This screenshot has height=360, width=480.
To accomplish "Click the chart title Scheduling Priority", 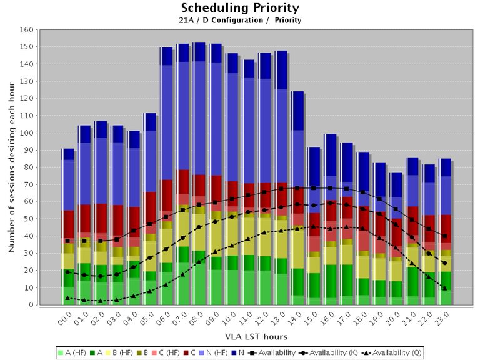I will pyautogui.click(x=240, y=8).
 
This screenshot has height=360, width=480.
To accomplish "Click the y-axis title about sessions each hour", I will pyautogui.click(x=11, y=167).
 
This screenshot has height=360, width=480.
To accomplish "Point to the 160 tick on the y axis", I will pyautogui.click(x=26, y=30).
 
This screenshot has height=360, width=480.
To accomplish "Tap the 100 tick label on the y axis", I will pyautogui.click(x=26, y=133).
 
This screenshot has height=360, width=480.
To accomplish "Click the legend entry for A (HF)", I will pyautogui.click(x=74, y=352).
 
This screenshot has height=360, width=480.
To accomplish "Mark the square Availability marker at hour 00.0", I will pyautogui.click(x=68, y=241).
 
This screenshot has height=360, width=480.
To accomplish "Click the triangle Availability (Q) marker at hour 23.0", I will pyautogui.click(x=444, y=288).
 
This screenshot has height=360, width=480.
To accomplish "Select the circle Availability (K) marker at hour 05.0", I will pyautogui.click(x=149, y=257).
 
